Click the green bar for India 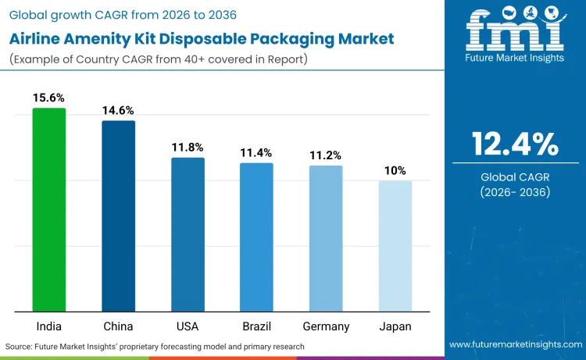(49, 209)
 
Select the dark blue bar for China (118, 216)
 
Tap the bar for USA (188, 234)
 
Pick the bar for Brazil (256, 237)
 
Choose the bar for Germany (325, 238)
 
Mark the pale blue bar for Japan (395, 246)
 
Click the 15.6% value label (48, 98)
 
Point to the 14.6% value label (118, 110)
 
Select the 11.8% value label (188, 147)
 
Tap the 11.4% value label (256, 152)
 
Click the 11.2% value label (325, 155)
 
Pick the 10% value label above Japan (395, 170)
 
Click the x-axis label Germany (326, 326)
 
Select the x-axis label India (49, 326)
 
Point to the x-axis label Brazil (256, 326)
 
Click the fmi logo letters (515, 29)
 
